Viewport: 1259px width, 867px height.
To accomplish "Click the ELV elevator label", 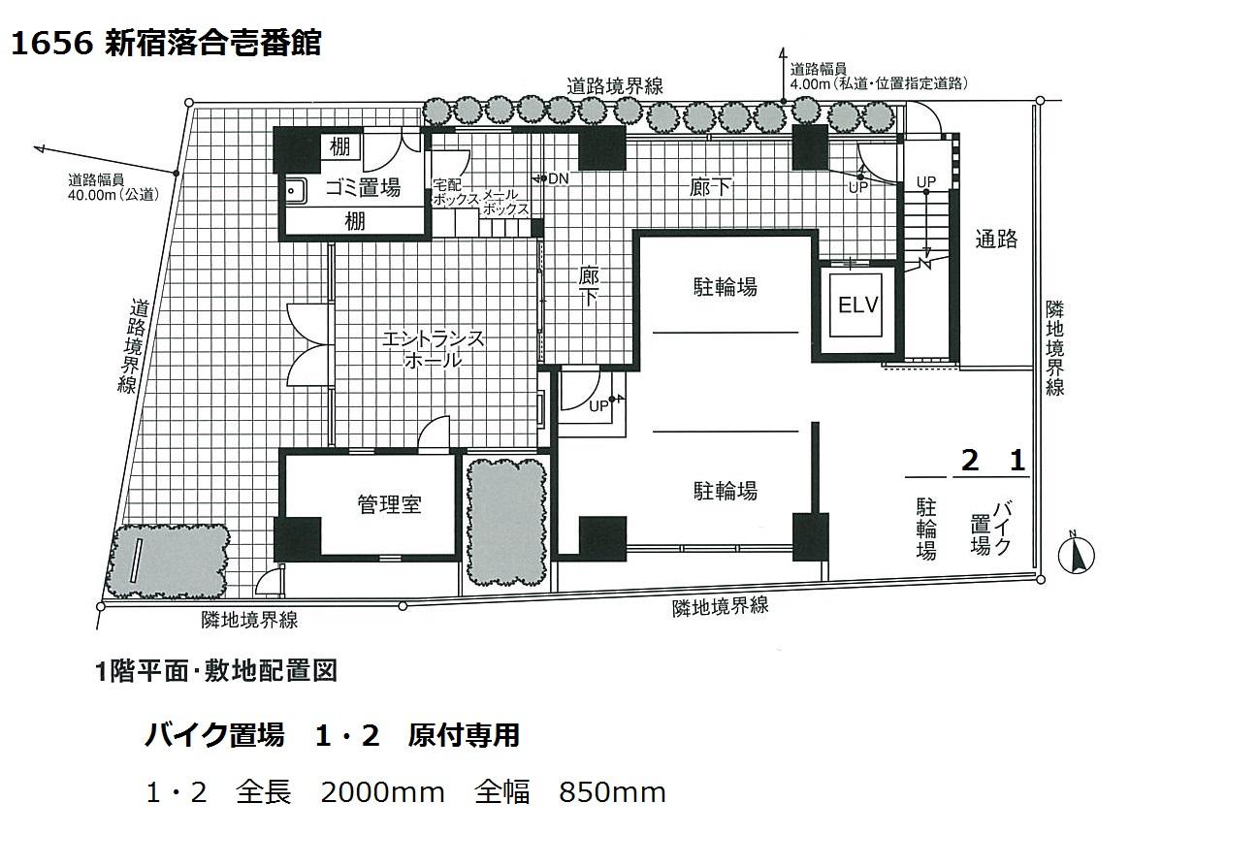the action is [x=857, y=305].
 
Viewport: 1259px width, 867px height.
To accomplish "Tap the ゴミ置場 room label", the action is [x=363, y=187].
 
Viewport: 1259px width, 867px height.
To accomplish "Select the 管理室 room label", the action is [x=389, y=504].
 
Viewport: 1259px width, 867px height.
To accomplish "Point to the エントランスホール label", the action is [x=434, y=349].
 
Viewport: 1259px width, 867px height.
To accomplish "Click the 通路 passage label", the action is [x=996, y=240].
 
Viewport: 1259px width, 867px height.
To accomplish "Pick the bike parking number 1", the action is [x=1017, y=461].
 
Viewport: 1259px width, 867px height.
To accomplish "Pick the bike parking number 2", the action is [x=970, y=461].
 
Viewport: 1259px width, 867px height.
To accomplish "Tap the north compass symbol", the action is [x=1076, y=555].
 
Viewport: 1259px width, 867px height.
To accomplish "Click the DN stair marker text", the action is [x=558, y=178].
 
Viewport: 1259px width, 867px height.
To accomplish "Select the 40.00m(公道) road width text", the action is [x=113, y=194].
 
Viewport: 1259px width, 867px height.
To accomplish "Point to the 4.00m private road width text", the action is [x=879, y=84].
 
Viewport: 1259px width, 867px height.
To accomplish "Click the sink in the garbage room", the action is [x=294, y=191].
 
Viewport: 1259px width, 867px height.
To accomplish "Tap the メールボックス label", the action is [x=505, y=203].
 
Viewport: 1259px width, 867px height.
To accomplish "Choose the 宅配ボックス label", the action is [x=456, y=192].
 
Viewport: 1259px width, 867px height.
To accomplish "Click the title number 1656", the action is [x=51, y=43].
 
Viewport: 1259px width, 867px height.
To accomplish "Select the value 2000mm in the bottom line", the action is [x=382, y=792].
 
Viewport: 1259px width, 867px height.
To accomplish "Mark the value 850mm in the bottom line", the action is [x=612, y=792].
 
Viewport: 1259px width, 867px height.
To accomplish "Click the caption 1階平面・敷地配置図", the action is [x=216, y=671].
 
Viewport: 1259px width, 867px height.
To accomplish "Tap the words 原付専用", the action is [x=464, y=735].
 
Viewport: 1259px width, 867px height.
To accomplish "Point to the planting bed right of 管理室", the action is [x=507, y=523].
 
